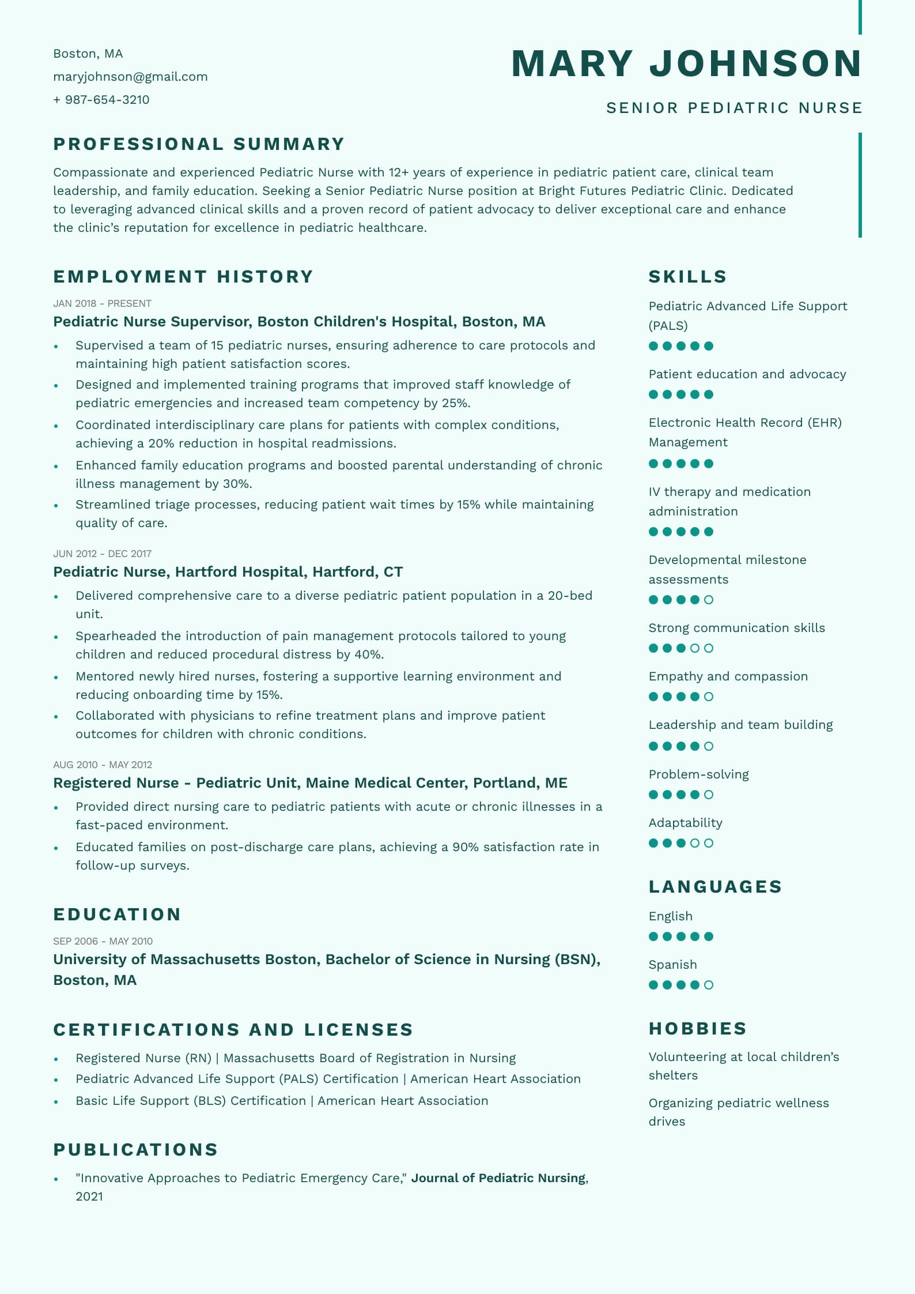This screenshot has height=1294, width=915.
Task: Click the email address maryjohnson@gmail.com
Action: tap(130, 77)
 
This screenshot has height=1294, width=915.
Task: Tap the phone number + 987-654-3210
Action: tap(101, 100)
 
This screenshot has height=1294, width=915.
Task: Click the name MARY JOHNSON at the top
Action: tap(686, 63)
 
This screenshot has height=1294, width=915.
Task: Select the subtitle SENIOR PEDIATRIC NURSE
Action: tap(734, 108)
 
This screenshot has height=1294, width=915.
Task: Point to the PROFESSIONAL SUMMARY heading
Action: tap(199, 144)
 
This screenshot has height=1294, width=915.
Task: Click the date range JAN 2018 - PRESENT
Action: tap(102, 303)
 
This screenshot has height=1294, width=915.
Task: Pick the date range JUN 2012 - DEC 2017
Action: tap(102, 554)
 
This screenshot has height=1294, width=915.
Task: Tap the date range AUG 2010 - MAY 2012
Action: tap(103, 765)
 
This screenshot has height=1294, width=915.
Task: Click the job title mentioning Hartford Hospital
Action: tap(228, 571)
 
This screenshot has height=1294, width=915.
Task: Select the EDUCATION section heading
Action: tap(117, 914)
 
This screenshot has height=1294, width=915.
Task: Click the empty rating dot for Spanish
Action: tap(709, 985)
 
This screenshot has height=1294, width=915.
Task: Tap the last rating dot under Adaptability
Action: tap(709, 843)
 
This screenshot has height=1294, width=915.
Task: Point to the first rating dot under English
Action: tap(653, 936)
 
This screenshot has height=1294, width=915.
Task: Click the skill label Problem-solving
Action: tap(698, 774)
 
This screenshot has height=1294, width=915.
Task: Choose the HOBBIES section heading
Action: tap(697, 1028)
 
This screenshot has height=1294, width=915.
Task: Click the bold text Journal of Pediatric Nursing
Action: tap(498, 1178)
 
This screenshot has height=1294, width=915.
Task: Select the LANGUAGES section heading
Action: tap(714, 886)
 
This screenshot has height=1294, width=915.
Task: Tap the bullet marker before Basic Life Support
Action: tap(56, 1101)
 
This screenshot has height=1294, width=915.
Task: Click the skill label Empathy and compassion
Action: tap(728, 676)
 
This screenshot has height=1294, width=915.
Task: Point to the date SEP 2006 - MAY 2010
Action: tap(103, 941)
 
